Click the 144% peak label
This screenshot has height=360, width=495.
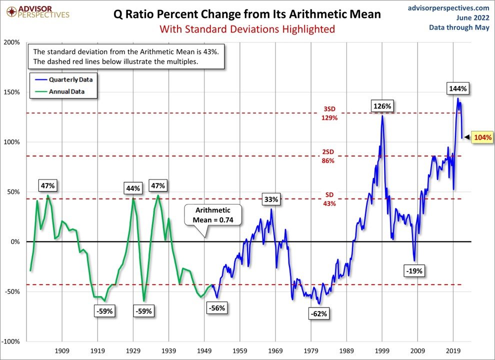(457, 88)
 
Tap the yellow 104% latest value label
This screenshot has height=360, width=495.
(482, 137)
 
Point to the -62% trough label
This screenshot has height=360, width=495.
(319, 313)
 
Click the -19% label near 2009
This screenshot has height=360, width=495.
(414, 271)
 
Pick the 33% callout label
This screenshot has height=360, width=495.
(271, 199)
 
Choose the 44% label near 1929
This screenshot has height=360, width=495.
(133, 188)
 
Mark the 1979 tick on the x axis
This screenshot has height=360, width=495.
(311, 350)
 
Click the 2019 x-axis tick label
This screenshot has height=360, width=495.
(453, 350)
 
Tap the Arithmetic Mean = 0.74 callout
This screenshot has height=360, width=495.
(213, 215)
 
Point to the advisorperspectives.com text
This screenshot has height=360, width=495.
(448, 7)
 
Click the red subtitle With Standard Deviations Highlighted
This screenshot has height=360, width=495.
(247, 29)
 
